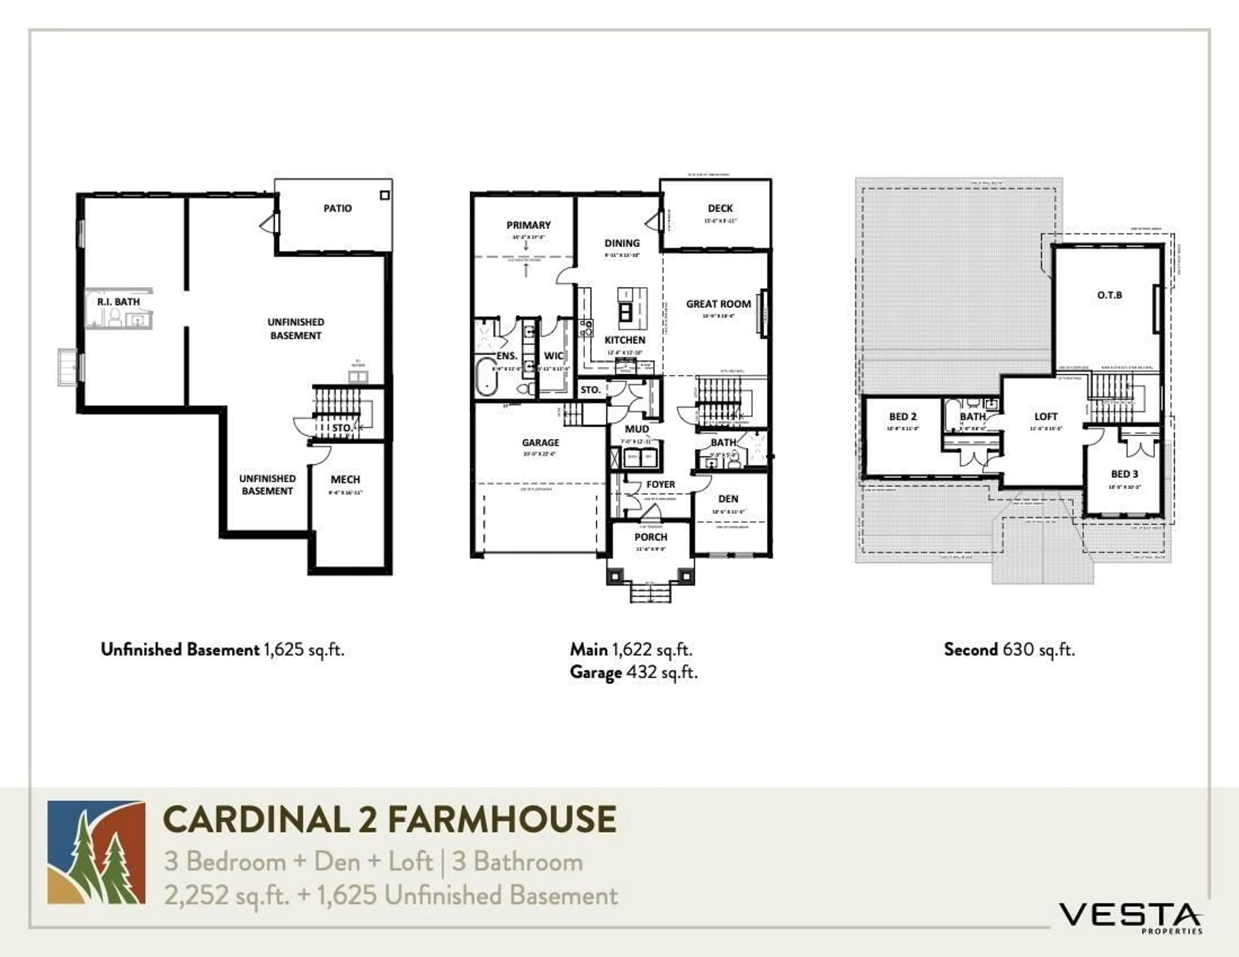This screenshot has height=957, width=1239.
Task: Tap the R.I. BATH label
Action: tap(118, 302)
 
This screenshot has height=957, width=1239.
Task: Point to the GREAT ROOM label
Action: tap(718, 304)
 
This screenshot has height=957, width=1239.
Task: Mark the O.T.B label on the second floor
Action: tap(1109, 295)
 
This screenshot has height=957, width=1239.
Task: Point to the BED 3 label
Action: tap(1124, 474)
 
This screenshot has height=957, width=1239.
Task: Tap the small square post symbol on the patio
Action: tap(385, 195)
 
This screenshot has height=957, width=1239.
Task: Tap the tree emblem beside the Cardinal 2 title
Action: tap(96, 852)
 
